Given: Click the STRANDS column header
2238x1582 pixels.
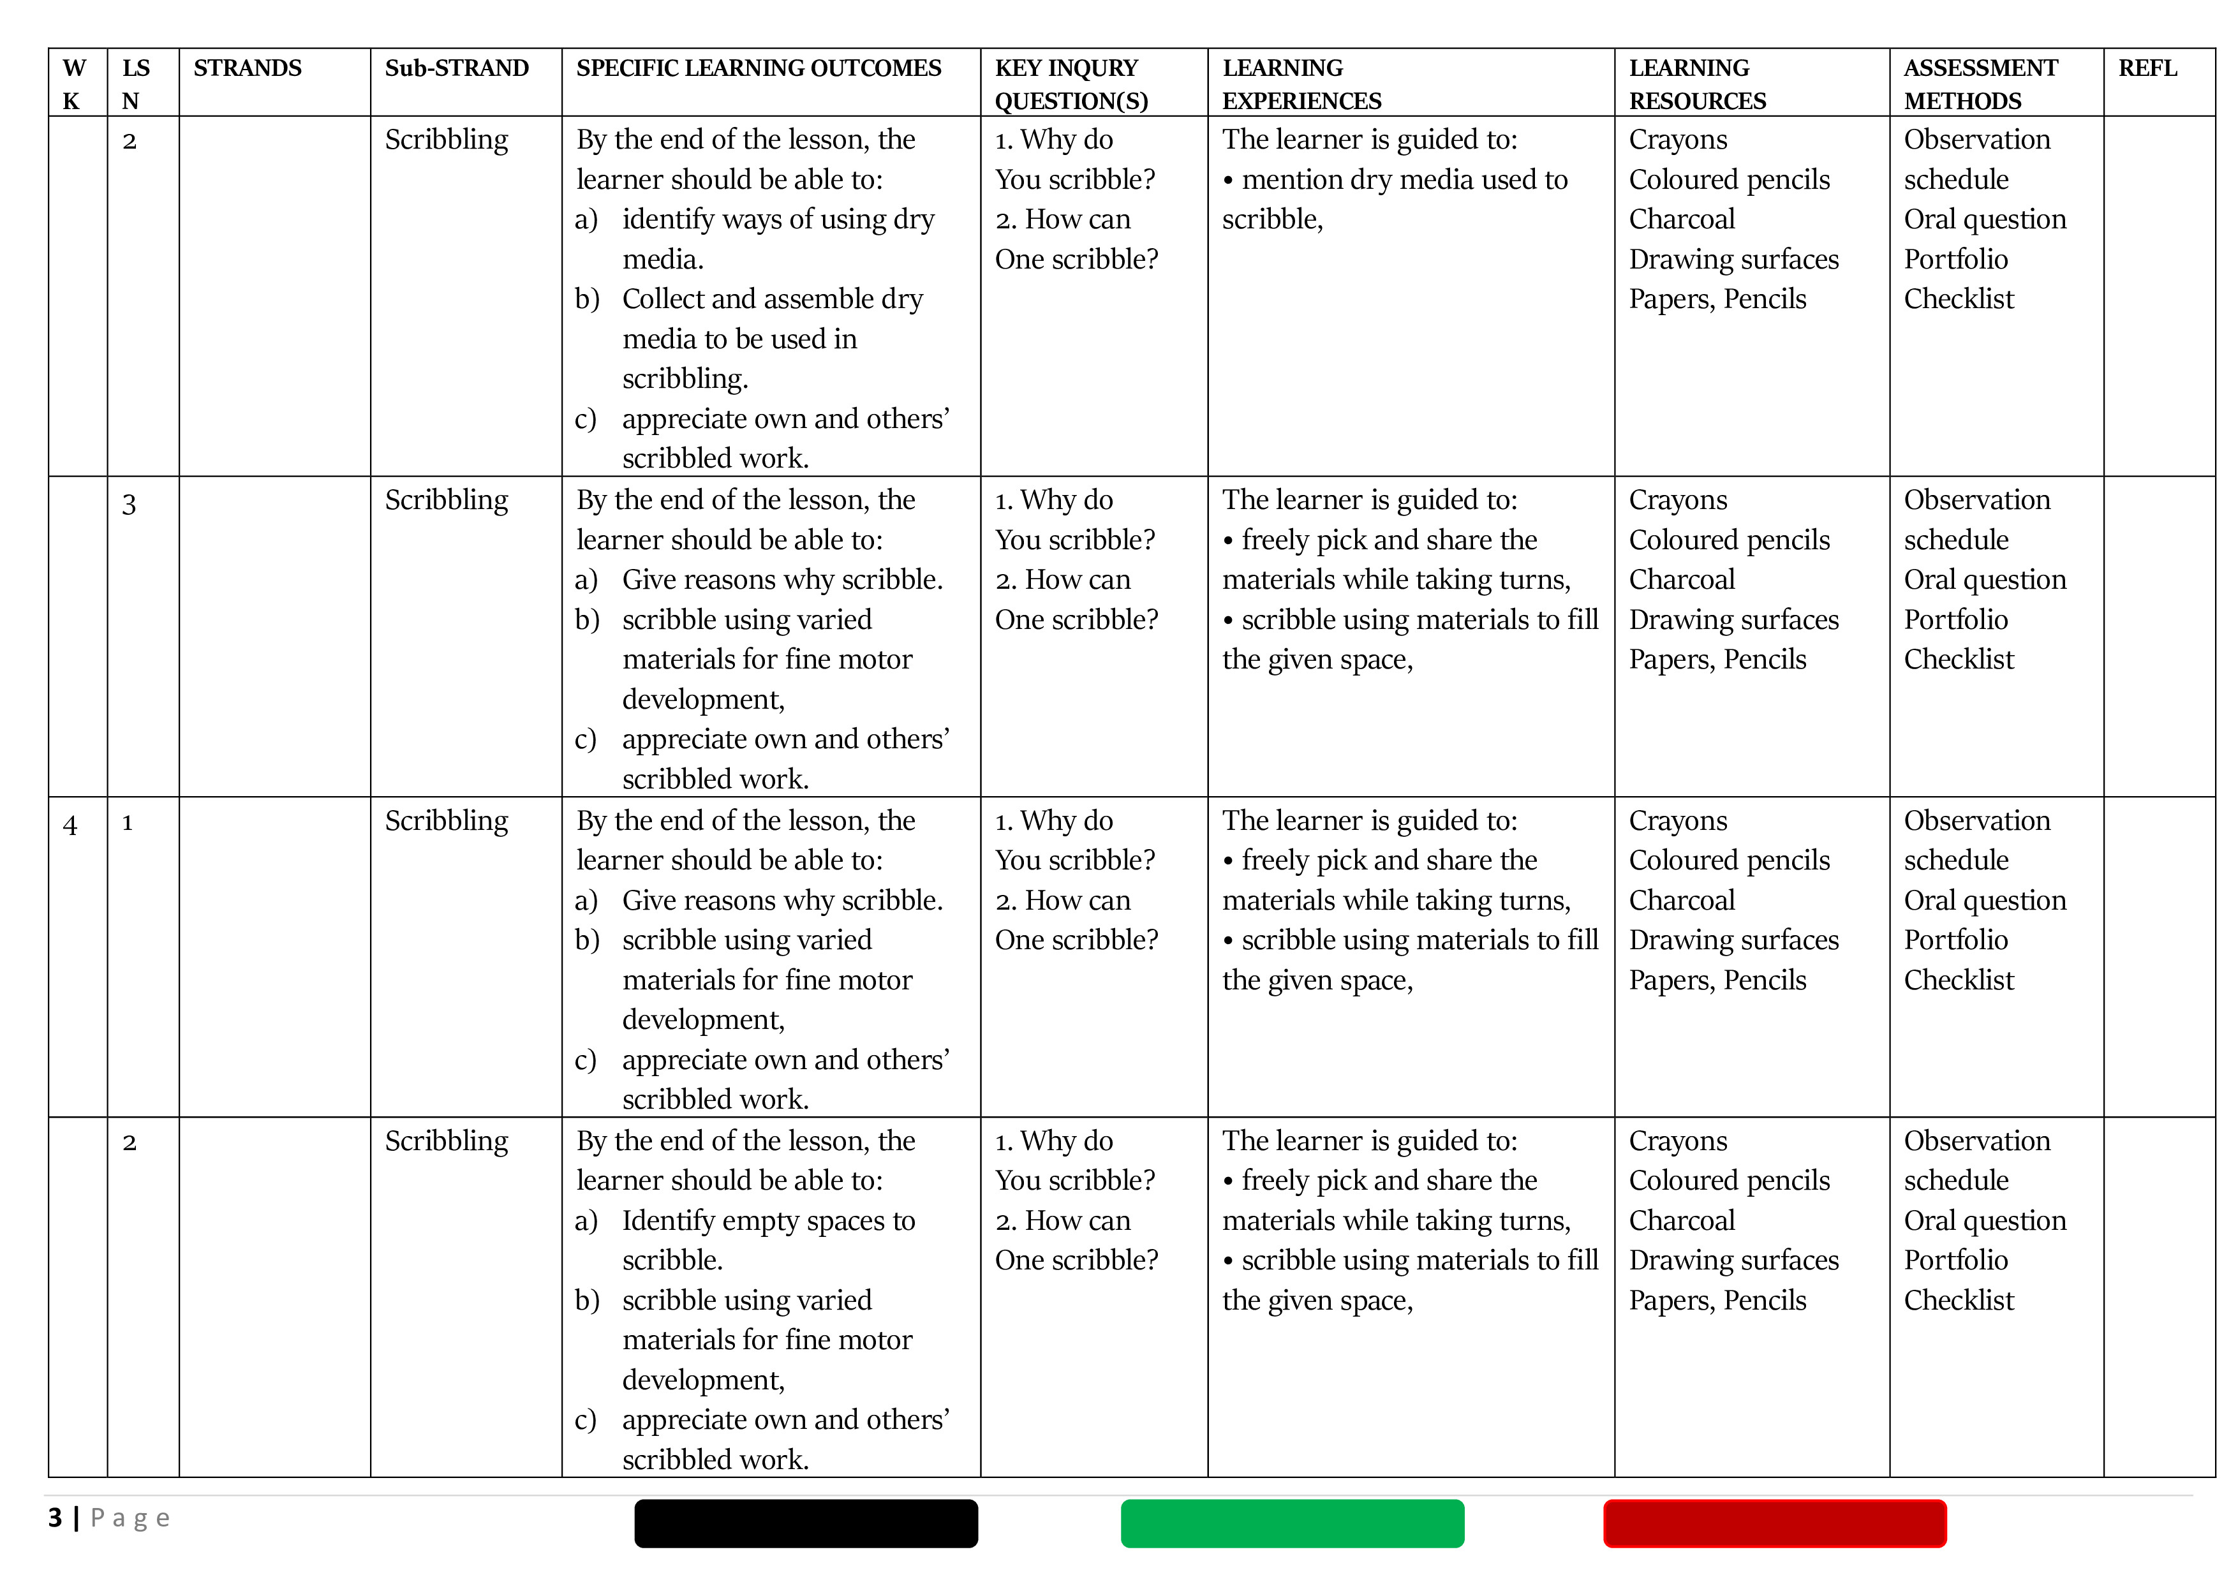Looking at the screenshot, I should (x=248, y=68).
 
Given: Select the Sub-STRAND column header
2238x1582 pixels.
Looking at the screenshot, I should (x=456, y=68).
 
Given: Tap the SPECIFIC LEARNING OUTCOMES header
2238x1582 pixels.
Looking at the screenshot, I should (x=759, y=68).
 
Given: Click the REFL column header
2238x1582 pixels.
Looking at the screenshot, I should (x=2147, y=68).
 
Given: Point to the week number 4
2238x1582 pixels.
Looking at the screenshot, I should (x=70, y=825).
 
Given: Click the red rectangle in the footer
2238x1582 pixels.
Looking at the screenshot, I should (x=1774, y=1523).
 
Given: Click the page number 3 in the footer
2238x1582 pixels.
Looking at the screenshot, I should (x=56, y=1518).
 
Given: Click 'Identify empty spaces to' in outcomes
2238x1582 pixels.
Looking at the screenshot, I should (x=768, y=1220).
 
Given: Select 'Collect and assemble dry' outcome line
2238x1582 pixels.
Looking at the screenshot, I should (x=772, y=299).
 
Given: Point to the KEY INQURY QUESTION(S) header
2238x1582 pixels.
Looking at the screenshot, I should (x=1071, y=84).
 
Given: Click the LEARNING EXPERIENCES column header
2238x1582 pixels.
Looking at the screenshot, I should (x=1301, y=84).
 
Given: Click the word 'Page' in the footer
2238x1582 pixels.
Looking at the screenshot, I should (x=130, y=1518).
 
